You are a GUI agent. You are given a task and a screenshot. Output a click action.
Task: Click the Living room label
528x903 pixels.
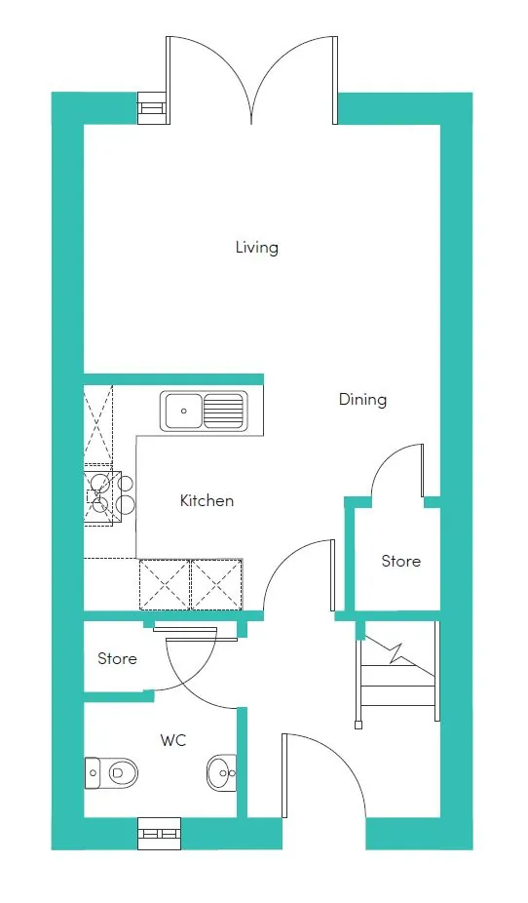pos(256,248)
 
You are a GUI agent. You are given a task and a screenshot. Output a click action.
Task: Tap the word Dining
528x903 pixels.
pos(362,400)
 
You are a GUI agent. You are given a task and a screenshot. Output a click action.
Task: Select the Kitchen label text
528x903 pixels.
pos(207,500)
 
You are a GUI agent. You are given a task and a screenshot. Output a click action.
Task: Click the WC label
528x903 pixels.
pos(173,740)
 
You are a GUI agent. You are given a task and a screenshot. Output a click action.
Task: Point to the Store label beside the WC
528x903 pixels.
pos(117,659)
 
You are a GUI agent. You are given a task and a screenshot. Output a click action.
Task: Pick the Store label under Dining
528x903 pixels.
pos(401,561)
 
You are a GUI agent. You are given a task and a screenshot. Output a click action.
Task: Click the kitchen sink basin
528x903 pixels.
pos(183,411)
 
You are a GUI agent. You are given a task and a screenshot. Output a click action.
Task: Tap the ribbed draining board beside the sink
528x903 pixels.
pos(223,411)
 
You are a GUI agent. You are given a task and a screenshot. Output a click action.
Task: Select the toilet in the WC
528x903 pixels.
pos(112,772)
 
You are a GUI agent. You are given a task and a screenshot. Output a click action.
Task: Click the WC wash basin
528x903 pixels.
pos(222,772)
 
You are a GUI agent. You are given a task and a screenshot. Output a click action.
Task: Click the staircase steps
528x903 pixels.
pos(398,677)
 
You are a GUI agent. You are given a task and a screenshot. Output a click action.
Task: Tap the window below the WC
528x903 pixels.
pos(160,834)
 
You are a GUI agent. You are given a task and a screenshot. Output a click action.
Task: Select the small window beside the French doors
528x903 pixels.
pos(151,107)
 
